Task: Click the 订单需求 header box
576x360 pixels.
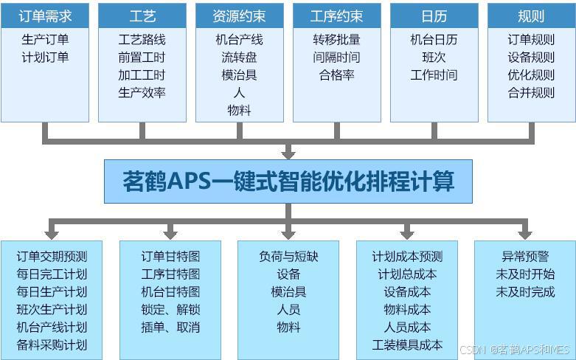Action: pos(45,15)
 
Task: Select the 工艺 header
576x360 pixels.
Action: pos(142,15)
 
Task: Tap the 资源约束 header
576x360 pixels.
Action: pos(240,15)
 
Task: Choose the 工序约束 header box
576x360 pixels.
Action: pos(337,15)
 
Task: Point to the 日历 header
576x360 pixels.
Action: pos(434,15)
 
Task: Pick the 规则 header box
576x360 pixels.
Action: pos(531,15)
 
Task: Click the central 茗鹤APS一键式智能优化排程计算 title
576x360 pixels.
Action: pos(288,181)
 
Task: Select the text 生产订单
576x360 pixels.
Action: pos(45,40)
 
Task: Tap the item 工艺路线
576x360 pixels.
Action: pos(142,40)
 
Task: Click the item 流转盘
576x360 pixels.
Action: pos(240,58)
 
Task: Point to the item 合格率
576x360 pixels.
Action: pos(337,75)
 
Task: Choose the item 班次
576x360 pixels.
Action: pos(434,58)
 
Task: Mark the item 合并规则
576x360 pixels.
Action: pos(531,93)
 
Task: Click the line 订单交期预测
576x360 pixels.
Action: pos(52,257)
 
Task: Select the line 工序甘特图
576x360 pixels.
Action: pos(170,274)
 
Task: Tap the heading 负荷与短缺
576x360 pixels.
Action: pos(288,257)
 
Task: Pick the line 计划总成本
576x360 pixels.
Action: pos(407,274)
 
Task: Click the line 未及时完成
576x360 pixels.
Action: pos(525,292)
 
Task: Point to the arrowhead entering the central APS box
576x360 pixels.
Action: pos(288,153)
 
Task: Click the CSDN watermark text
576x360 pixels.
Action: pos(514,350)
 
